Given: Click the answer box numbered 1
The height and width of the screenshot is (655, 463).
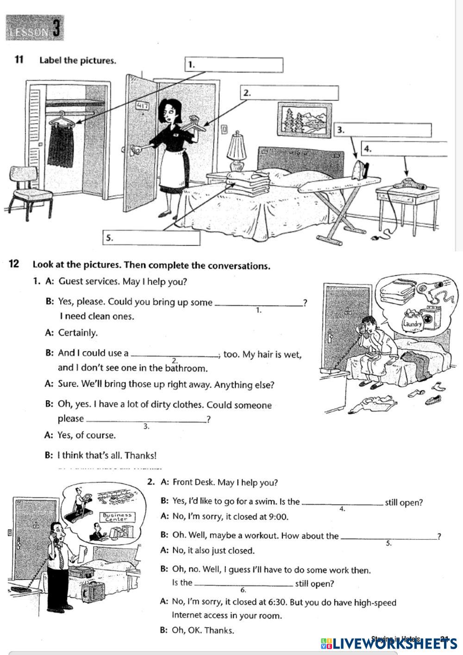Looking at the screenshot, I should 234,65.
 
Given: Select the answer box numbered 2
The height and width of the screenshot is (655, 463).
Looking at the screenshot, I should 289,93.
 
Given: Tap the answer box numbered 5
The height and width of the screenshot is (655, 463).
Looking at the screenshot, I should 151,238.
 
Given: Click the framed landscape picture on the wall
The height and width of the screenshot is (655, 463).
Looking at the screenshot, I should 305,119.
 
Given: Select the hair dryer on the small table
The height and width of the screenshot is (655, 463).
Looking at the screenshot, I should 410,183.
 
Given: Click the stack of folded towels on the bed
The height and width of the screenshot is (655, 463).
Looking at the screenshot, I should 249,182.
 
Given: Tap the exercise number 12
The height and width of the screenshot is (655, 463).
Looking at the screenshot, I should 14,265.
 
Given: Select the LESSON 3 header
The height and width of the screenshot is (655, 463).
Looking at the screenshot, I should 35,29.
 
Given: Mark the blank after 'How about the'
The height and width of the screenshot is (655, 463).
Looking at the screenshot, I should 388,536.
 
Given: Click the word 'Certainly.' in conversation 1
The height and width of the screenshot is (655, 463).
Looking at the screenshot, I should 78,333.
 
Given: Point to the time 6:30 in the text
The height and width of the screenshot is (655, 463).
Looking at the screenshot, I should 278,602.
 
